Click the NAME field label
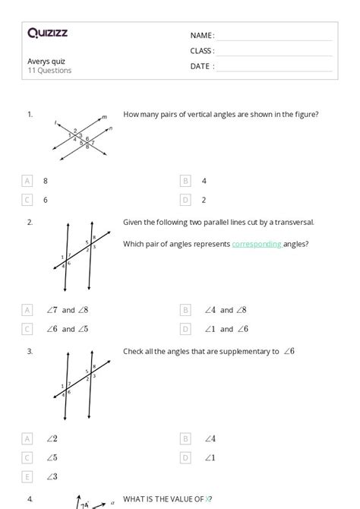[x=201, y=36]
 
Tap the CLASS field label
[x=201, y=51]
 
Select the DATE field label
[x=201, y=66]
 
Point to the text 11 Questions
[x=49, y=71]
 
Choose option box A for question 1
[x=28, y=181]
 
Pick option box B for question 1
[x=185, y=181]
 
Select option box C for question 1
[x=28, y=200]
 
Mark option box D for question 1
[x=185, y=200]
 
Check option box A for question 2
[x=28, y=310]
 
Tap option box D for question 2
[x=185, y=329]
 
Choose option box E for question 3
[x=28, y=476]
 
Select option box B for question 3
[x=185, y=438]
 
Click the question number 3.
[x=30, y=351]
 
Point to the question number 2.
[x=30, y=222]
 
